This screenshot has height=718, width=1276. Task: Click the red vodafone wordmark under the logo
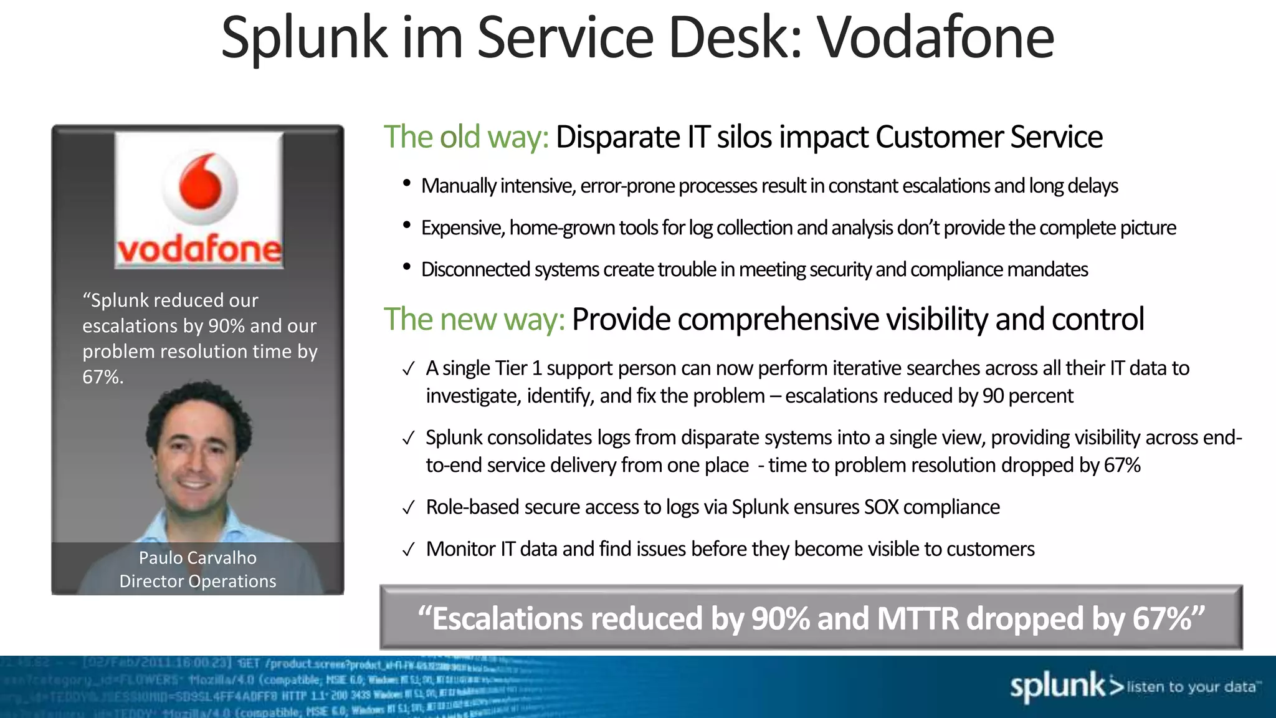tap(199, 250)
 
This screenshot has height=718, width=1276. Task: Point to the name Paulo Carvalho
tap(198, 557)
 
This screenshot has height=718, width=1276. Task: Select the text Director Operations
tap(198, 581)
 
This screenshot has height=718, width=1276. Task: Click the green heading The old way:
tap(465, 137)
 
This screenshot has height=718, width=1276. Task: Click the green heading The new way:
tap(474, 319)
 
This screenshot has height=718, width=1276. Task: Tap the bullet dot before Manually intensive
tap(407, 183)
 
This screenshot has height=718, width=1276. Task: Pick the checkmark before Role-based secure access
tap(408, 509)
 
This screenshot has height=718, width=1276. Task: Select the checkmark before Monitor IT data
tap(408, 550)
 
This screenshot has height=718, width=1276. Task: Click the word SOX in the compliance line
tap(881, 507)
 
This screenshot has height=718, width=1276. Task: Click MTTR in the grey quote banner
tap(918, 619)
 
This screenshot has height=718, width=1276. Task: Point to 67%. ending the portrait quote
tap(103, 377)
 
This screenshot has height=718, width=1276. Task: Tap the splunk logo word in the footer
tap(1057, 686)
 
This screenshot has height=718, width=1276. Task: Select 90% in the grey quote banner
tap(780, 619)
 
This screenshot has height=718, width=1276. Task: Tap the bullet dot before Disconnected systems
tap(407, 267)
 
